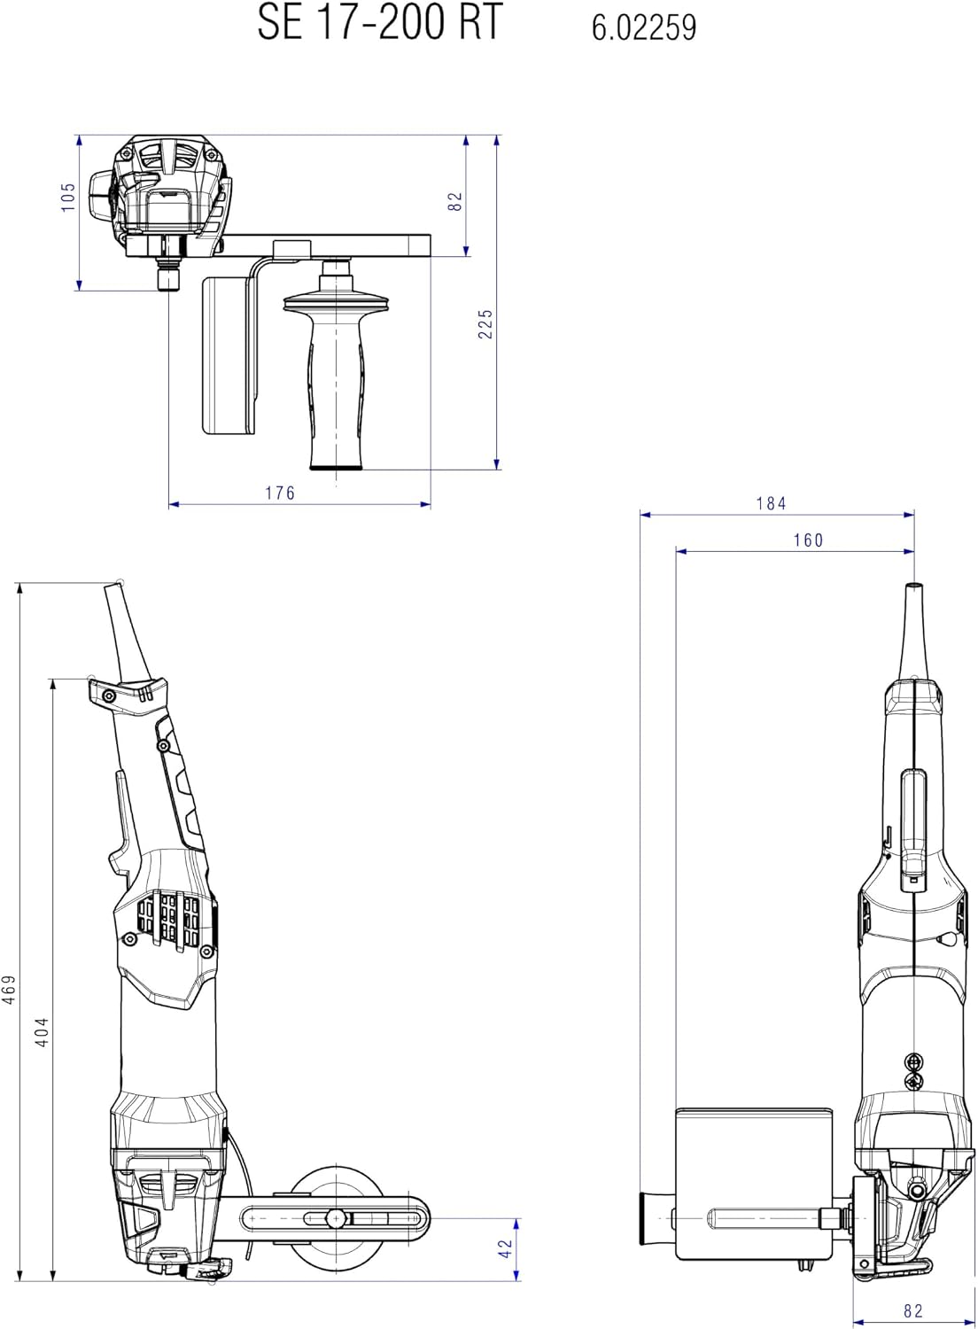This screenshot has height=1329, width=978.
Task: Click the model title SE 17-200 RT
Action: (380, 21)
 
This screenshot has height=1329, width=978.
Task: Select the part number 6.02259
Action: (644, 27)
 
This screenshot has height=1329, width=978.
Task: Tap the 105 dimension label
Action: (69, 197)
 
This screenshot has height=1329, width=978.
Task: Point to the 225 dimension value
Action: (485, 324)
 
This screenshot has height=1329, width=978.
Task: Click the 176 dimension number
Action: (280, 493)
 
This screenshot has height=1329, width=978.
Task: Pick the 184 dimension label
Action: (771, 504)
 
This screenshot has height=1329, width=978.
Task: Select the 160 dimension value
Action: (809, 540)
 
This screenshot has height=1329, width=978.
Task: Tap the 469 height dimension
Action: (9, 991)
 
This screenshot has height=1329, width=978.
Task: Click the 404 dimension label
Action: (42, 1032)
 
